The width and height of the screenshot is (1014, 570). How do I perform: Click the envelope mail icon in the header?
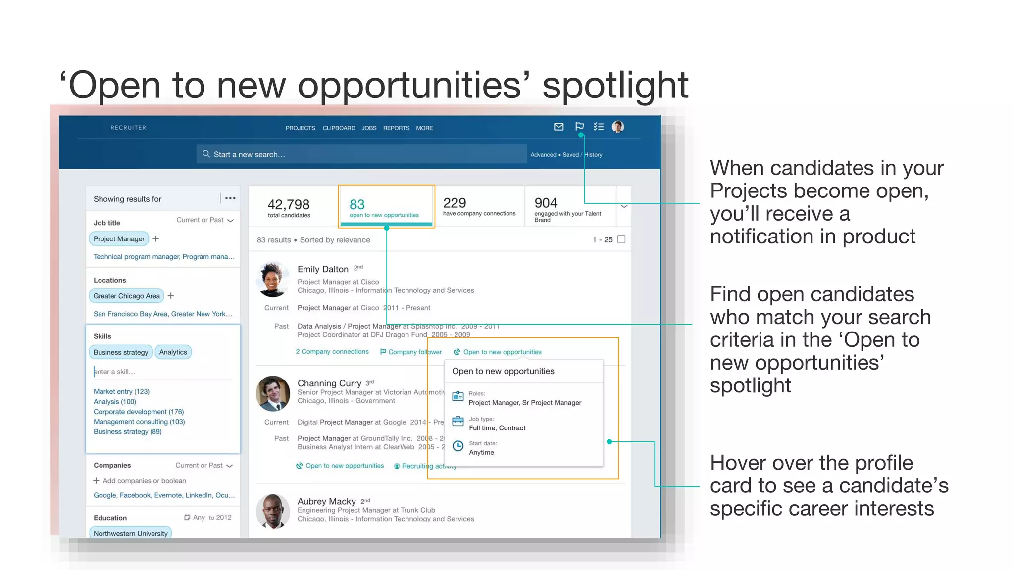click(558, 127)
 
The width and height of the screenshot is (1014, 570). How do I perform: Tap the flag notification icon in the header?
click(579, 126)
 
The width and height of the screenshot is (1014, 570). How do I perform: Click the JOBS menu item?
click(369, 128)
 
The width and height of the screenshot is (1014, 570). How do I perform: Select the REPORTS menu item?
click(396, 128)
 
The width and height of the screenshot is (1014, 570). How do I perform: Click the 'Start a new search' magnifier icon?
click(206, 154)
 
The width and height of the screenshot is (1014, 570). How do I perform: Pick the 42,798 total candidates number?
click(289, 204)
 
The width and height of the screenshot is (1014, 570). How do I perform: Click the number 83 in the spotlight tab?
click(357, 204)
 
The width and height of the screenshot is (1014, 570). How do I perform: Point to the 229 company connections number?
click(455, 203)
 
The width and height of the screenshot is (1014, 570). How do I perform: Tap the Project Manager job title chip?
click(119, 239)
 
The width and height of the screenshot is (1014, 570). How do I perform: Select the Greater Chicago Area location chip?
click(127, 296)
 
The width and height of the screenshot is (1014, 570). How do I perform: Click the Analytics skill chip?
click(173, 352)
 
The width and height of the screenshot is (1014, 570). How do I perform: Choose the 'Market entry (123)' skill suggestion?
click(121, 391)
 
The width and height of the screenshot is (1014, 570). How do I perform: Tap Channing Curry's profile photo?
click(273, 394)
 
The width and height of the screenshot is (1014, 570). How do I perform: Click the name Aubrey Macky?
click(326, 501)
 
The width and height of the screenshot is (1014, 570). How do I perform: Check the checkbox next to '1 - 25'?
click(621, 239)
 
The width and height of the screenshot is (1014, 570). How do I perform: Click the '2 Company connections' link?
click(332, 352)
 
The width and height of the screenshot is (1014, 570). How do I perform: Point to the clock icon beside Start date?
click(458, 446)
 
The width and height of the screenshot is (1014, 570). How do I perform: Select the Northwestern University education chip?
click(131, 533)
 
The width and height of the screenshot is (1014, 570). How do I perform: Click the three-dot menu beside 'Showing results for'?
click(230, 198)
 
